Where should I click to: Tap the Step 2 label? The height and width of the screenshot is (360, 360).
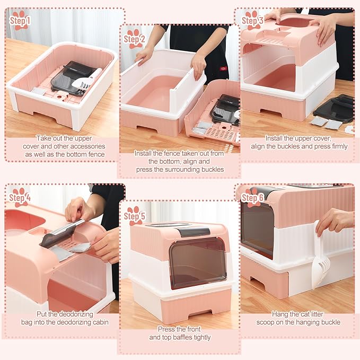click(134, 39)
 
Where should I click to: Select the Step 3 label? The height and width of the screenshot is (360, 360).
click(252, 20)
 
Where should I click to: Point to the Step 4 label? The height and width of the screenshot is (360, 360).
click(20, 197)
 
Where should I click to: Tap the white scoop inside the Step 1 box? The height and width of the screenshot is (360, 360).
click(87, 81)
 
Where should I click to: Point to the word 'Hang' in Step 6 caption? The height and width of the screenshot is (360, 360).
click(280, 314)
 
